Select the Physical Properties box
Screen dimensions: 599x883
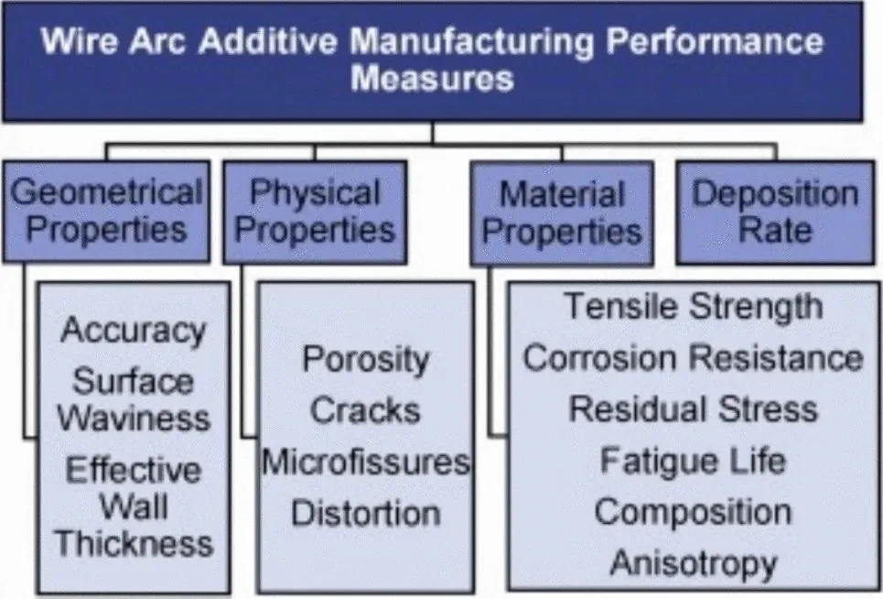coord(315,211)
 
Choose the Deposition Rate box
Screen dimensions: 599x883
coord(774,211)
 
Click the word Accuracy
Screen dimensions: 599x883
coord(133,330)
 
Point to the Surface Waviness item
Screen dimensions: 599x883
coord(133,399)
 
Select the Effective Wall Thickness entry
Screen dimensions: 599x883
coord(133,506)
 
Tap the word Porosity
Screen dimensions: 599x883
coord(365,358)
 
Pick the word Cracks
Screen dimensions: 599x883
coord(365,410)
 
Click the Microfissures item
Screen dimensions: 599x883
coord(365,462)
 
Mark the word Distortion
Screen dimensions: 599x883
coord(365,513)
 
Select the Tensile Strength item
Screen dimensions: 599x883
coord(692,307)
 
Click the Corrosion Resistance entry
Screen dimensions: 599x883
coord(692,357)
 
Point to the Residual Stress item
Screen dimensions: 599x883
coord(692,408)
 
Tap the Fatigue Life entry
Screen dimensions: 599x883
coord(692,460)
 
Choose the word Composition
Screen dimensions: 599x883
coord(692,511)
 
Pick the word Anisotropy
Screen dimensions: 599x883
coord(692,562)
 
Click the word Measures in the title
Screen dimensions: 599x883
coord(432,79)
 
